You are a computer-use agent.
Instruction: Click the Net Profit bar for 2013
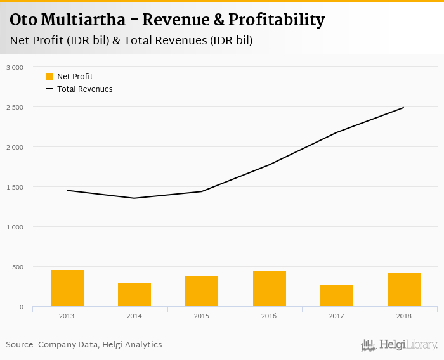point(67,288)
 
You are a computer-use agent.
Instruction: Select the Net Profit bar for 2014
point(134,295)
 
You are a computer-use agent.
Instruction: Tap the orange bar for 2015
point(202,291)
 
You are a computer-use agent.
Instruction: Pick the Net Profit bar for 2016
point(270,289)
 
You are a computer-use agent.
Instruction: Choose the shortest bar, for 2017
point(337,296)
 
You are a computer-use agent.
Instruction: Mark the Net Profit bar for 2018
point(404,290)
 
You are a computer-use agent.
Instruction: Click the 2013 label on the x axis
point(67,316)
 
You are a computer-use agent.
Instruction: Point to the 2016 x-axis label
point(270,316)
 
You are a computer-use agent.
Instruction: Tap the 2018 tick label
point(404,316)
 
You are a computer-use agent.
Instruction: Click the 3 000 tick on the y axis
point(15,67)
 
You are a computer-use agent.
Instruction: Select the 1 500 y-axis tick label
point(15,187)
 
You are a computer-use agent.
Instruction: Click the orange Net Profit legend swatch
point(49,77)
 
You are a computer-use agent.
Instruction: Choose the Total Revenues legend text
point(85,89)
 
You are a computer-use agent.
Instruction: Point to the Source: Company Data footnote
point(84,345)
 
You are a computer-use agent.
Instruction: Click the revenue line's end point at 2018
point(404,108)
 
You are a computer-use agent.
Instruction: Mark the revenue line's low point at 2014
point(134,198)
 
